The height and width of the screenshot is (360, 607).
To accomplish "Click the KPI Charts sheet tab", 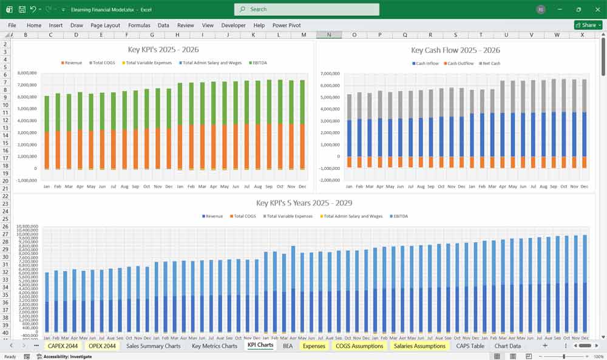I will tap(260, 345).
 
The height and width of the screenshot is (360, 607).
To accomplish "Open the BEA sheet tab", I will tap(288, 346).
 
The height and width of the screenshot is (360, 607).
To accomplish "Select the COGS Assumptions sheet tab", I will tap(359, 346).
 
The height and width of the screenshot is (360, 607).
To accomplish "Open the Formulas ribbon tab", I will tap(139, 25).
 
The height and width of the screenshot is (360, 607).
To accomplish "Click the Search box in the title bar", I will tap(307, 9).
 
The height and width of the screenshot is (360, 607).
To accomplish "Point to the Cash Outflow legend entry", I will tap(459, 63).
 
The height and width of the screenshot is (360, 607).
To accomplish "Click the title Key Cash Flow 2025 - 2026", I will tap(455, 50).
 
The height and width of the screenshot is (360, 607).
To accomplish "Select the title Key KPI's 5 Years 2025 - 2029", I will tap(304, 203).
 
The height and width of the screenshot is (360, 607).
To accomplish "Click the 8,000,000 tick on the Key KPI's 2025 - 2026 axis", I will tap(27, 73).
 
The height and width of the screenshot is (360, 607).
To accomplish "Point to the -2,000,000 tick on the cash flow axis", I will tap(330, 180).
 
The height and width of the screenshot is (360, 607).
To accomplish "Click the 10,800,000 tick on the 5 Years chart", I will tap(28, 226).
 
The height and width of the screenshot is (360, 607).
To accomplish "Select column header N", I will tap(329, 35).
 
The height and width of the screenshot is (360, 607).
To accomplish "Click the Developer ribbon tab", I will tap(234, 25).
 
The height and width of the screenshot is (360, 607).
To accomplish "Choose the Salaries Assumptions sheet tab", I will tap(419, 346).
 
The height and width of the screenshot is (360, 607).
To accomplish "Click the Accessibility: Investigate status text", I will tap(67, 356).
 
